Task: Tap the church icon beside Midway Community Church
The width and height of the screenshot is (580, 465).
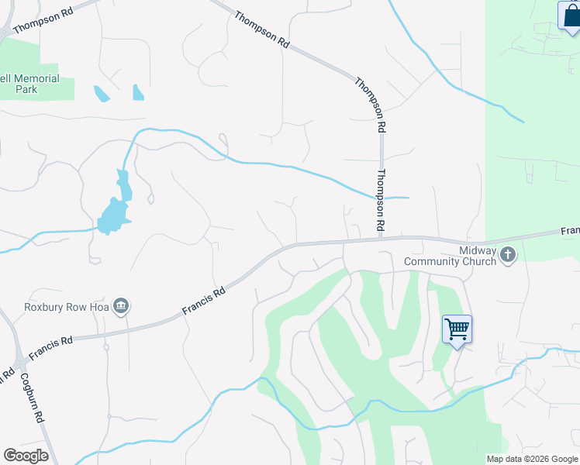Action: click(508, 254)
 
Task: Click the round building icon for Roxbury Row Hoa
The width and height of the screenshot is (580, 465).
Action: click(121, 307)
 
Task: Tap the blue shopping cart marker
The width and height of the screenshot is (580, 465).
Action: click(457, 329)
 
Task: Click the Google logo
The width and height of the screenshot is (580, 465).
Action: click(26, 456)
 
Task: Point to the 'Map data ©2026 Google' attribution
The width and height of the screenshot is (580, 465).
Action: click(532, 459)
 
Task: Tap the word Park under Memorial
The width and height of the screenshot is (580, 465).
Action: click(26, 89)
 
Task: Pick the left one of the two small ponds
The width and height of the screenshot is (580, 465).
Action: click(101, 94)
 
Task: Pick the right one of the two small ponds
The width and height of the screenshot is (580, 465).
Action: click(138, 92)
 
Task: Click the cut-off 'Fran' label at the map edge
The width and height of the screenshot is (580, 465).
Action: click(569, 231)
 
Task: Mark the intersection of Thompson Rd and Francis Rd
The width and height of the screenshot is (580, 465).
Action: click(381, 239)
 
